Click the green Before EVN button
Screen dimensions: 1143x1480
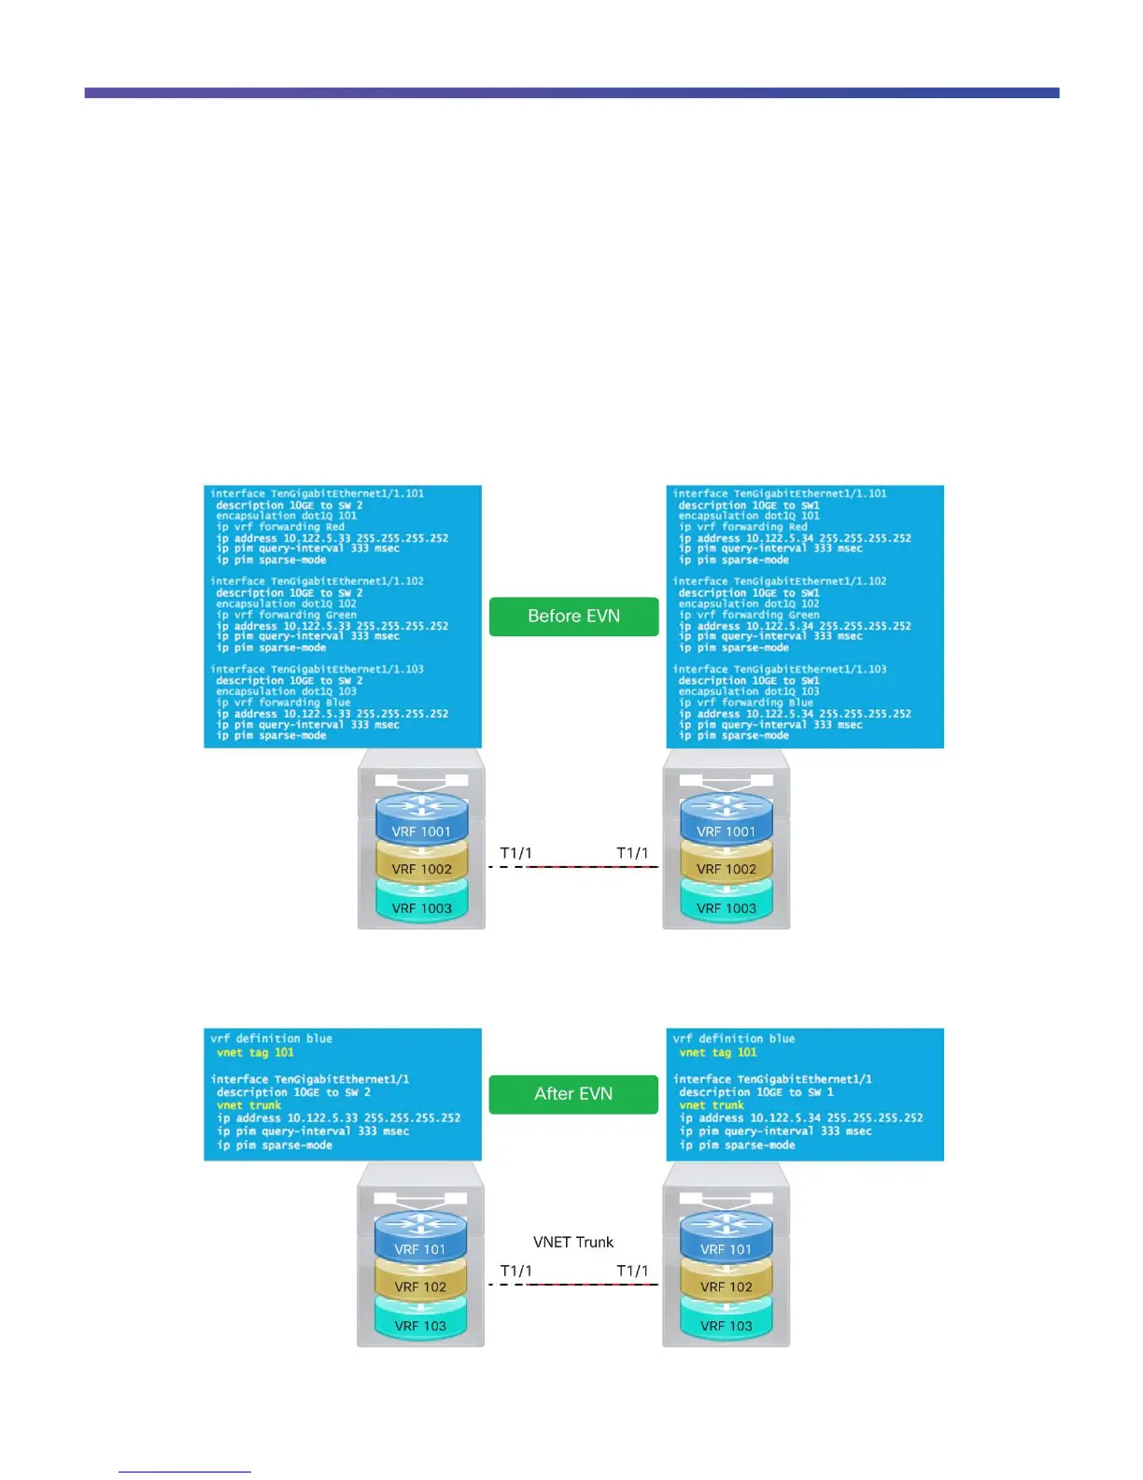coord(573,617)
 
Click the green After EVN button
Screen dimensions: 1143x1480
coord(573,1093)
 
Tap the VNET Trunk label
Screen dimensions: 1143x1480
coord(573,1242)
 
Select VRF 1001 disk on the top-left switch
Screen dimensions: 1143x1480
coord(421,831)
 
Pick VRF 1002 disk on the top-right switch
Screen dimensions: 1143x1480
coord(727,869)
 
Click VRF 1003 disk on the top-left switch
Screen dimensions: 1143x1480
coord(421,908)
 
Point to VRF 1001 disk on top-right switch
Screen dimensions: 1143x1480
coord(727,831)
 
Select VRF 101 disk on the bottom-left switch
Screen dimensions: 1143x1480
coord(420,1248)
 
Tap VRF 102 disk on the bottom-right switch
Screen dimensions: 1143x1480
coord(726,1287)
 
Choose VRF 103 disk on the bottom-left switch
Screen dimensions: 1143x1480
coord(420,1326)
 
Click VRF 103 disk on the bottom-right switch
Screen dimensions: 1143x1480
coord(726,1326)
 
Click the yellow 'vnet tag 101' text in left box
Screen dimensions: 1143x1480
coord(255,1052)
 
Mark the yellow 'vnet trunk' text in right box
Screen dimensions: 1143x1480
coord(712,1105)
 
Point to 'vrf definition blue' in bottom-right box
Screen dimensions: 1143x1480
coord(734,1038)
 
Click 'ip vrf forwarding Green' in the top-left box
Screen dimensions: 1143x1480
coord(287,615)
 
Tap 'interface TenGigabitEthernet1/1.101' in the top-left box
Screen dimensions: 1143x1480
coord(317,493)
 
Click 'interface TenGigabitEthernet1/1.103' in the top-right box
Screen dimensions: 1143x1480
coord(780,669)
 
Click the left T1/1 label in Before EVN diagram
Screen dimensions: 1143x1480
coord(515,853)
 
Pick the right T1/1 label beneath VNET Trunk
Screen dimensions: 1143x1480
coord(632,1271)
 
